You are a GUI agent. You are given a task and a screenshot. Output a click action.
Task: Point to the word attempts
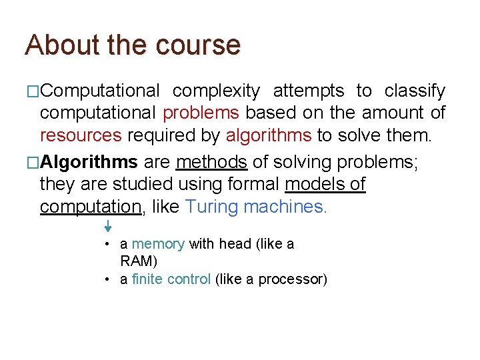click(308, 91)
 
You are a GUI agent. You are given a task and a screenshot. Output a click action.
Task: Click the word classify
click(415, 91)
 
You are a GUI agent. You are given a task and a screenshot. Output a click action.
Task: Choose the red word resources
click(81, 136)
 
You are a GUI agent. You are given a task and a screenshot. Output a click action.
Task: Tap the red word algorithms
click(269, 136)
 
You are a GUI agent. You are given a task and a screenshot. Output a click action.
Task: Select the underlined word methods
click(212, 162)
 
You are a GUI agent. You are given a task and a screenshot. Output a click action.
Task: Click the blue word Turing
click(212, 207)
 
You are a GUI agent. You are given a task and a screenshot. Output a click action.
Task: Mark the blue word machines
click(285, 207)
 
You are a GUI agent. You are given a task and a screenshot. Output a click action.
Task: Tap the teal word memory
click(158, 244)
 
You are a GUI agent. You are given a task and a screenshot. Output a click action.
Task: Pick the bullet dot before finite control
click(107, 279)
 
